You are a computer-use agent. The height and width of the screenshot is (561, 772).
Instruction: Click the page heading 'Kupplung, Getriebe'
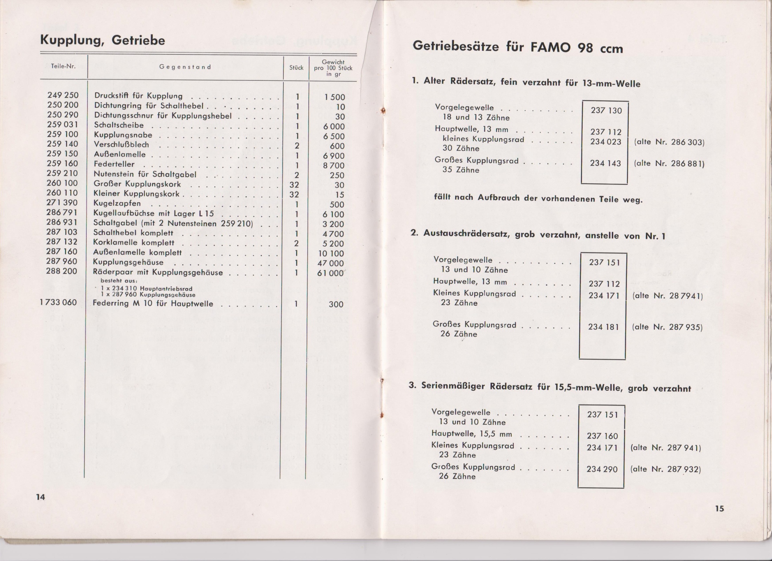point(103,41)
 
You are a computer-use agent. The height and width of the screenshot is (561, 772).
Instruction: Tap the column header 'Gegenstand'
point(185,67)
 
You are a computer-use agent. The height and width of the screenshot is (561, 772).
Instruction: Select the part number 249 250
point(63,95)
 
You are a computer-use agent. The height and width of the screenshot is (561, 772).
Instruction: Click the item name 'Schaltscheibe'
point(119,125)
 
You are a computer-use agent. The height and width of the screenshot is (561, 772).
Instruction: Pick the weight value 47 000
point(331,263)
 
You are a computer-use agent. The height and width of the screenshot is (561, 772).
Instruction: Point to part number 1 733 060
point(58,302)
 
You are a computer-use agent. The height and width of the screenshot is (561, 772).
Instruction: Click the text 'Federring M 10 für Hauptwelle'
point(153,304)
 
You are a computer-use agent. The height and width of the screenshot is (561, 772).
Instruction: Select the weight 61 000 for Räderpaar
point(331,273)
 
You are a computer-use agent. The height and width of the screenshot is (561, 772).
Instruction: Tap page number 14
point(41,497)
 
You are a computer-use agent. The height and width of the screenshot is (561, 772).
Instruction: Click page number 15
point(719,508)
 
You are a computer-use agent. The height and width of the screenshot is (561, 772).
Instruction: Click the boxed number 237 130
point(606,111)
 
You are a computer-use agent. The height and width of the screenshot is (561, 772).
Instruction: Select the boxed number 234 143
point(606,163)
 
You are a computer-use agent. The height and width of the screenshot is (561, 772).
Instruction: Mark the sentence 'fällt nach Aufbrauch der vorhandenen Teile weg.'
point(538,198)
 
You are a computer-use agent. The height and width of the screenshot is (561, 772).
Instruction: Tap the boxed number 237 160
point(602,436)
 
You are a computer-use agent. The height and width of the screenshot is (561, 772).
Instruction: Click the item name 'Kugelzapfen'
point(117,204)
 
